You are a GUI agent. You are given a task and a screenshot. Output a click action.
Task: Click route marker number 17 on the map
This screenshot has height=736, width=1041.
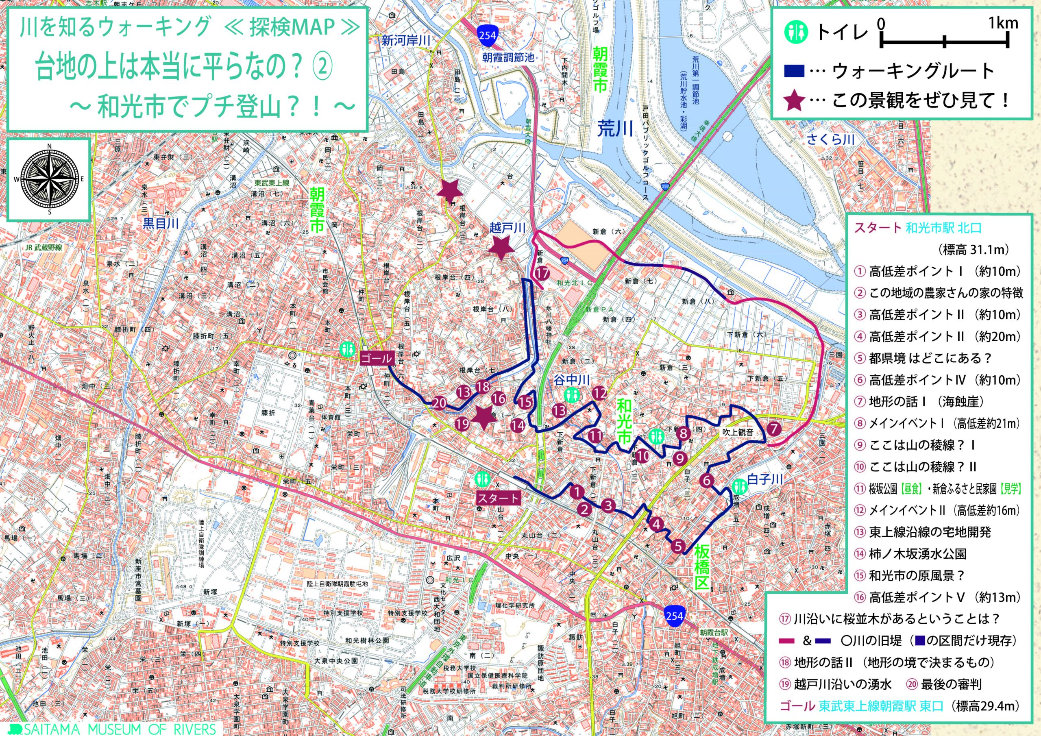pos(542,273)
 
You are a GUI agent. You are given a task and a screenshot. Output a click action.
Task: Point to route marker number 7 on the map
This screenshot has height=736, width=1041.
pos(773,428)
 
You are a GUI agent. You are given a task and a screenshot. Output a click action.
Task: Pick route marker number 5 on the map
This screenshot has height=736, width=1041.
pos(678,546)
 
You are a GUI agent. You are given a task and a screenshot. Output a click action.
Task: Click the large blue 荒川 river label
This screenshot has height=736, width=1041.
pos(615,129)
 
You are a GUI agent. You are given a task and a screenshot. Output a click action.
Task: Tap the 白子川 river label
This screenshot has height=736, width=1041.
pos(765,479)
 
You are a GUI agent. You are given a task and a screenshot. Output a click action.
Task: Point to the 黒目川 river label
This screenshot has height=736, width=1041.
pos(161,223)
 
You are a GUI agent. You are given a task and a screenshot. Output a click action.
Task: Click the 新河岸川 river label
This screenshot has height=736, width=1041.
pos(405,41)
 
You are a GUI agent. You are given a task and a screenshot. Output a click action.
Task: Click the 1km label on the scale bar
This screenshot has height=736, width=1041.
pos(1003,23)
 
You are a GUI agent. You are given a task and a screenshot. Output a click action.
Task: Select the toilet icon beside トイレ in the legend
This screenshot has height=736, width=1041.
pos(797,31)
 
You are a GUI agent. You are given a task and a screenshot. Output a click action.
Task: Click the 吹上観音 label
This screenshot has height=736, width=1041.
pos(738,432)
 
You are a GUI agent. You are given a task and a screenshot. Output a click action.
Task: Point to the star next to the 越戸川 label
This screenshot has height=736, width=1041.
pos(501,247)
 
